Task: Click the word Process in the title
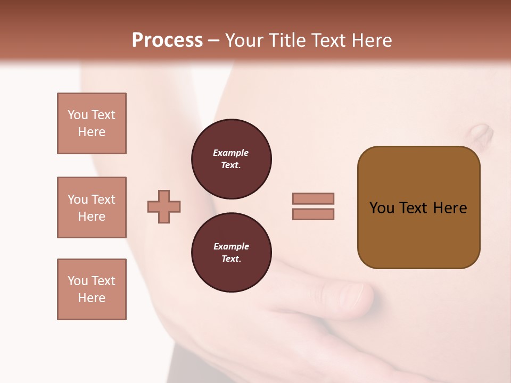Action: coord(167,40)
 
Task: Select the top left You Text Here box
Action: coord(92,123)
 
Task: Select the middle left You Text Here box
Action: coord(92,207)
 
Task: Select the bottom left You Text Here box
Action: coord(92,289)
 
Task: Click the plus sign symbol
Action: coord(164,206)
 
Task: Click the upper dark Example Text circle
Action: coord(231,159)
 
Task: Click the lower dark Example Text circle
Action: coord(231,253)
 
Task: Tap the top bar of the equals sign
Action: coord(313,198)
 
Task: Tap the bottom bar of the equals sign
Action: coord(313,214)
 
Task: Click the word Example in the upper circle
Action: coord(231,153)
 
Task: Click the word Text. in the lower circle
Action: coord(231,259)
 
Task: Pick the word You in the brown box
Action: coord(382,208)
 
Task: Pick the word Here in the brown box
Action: coord(450,208)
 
